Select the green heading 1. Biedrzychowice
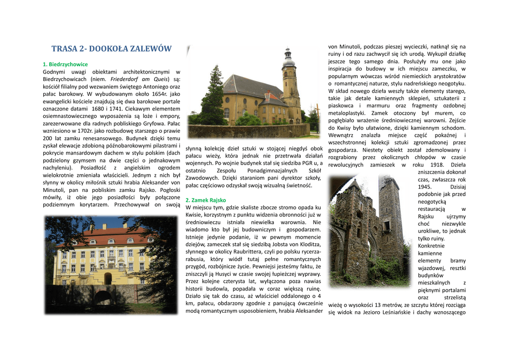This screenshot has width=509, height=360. (65, 64)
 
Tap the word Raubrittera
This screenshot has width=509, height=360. (247, 252)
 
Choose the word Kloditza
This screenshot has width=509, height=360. (307, 244)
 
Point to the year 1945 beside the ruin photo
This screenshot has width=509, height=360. (425, 187)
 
